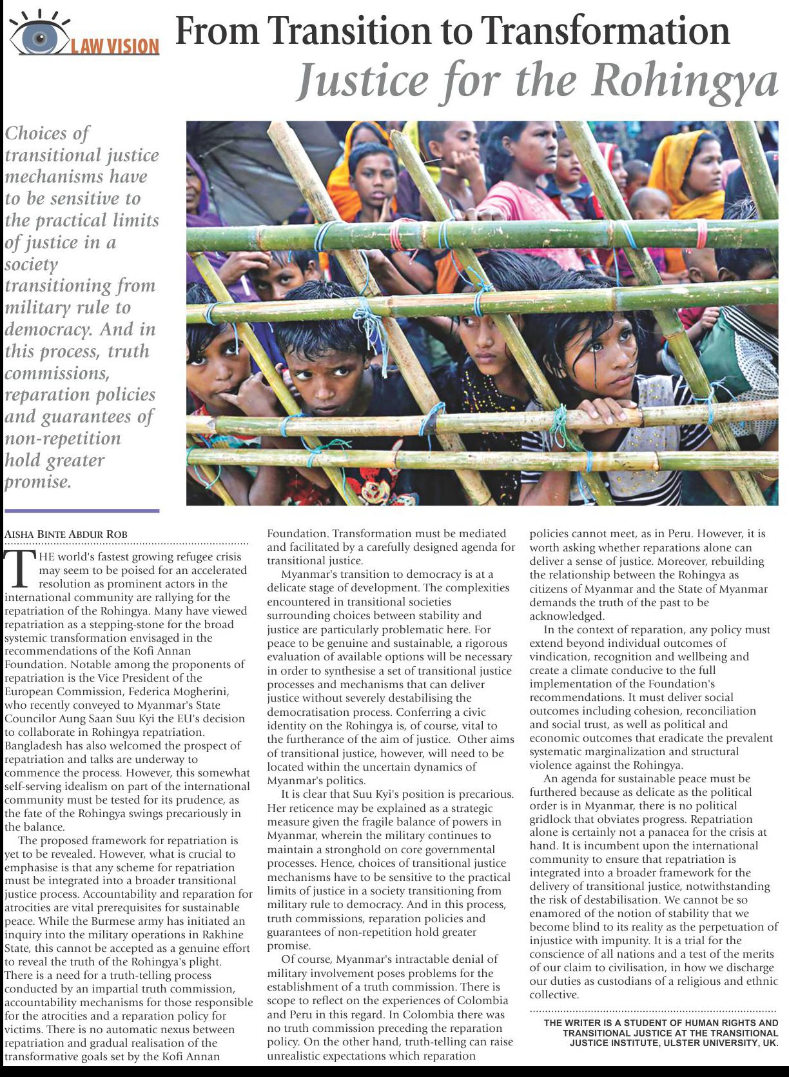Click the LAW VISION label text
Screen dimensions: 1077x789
pos(115,46)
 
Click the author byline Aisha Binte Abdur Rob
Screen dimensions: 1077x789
pos(66,534)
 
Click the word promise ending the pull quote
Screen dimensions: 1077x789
pos(37,481)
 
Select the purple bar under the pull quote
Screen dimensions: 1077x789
pos(81,510)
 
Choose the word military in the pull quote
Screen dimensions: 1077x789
pos(35,308)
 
